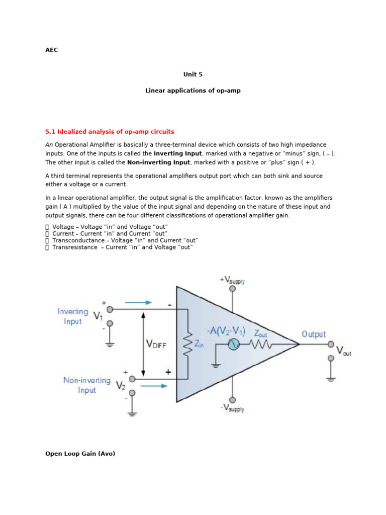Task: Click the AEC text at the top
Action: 52,50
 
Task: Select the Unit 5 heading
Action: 193,74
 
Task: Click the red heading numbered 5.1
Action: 110,132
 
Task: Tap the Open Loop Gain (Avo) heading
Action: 80,454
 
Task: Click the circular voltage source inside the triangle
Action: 233,345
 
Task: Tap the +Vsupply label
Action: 232,280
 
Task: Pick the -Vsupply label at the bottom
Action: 232,408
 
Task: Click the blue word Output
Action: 314,334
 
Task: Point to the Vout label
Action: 344,351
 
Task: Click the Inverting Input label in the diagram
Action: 73,316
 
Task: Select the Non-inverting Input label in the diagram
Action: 87,385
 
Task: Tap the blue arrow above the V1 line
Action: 138,302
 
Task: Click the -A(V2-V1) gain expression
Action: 226,331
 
